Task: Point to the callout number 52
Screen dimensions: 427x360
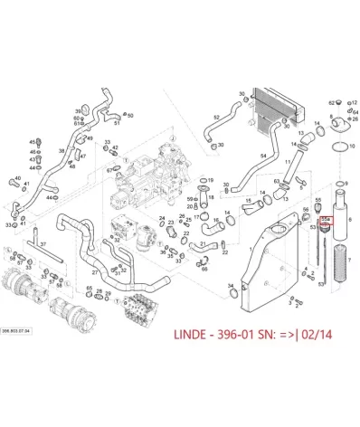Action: coord(217,118)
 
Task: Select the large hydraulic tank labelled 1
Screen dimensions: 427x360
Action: coord(271,262)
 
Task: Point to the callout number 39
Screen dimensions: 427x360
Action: coord(78,110)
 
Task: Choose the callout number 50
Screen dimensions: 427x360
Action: coord(130,117)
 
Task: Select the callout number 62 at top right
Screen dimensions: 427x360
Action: coord(330,104)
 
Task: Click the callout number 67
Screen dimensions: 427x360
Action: coord(109,169)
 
